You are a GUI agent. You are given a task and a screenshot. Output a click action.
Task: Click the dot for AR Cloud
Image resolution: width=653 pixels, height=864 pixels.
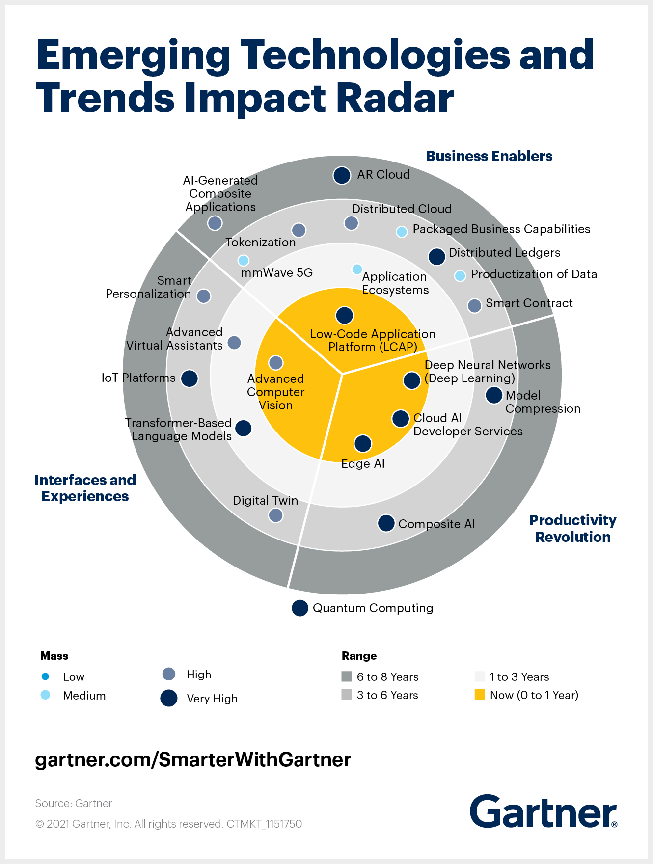tap(342, 175)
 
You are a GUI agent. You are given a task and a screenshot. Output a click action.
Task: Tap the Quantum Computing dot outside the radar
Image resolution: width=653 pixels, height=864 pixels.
tap(300, 608)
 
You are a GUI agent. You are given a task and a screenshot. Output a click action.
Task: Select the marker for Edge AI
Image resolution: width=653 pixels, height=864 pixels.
tap(363, 443)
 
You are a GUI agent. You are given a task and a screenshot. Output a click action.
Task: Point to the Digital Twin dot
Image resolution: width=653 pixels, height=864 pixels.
tap(276, 515)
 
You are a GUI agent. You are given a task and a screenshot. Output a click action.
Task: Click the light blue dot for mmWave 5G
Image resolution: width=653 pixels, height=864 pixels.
tap(244, 260)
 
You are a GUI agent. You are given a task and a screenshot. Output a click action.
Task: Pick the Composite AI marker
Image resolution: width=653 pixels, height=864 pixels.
tap(386, 523)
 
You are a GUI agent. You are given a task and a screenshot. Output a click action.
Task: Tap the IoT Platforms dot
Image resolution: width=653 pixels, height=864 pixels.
tap(190, 378)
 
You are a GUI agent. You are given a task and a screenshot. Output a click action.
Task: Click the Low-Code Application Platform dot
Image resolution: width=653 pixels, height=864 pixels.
tap(345, 315)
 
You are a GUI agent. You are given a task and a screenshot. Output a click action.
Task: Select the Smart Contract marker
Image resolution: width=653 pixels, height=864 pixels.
tap(474, 306)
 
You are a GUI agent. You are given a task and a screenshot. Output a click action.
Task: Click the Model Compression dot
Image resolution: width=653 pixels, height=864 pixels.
tap(494, 395)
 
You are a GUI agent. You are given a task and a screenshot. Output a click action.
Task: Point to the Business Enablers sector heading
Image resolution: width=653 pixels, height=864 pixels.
tap(489, 156)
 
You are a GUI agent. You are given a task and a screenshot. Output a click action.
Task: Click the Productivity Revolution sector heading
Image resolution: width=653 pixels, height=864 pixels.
tap(572, 528)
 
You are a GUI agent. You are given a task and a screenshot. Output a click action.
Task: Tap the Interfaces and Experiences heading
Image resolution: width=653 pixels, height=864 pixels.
tap(85, 488)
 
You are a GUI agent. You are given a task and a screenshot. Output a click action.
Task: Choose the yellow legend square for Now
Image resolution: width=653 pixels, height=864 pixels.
tap(480, 695)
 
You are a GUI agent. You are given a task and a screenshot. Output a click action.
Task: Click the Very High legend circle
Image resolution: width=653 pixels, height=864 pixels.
tap(169, 698)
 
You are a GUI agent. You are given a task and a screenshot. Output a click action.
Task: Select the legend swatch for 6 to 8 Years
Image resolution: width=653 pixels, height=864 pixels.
tap(347, 676)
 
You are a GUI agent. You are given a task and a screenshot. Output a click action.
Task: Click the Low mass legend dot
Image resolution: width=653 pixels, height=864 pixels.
tap(46, 676)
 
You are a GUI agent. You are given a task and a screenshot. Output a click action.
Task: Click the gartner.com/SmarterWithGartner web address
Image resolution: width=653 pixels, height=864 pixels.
tap(193, 759)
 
